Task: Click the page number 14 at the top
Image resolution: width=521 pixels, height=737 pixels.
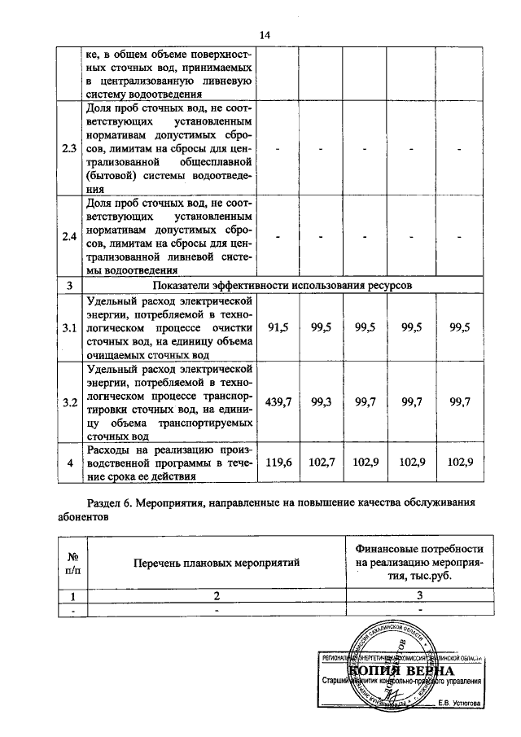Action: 264,34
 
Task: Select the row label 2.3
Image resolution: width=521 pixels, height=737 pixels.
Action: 69,149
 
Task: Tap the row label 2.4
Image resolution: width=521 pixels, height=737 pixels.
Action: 69,236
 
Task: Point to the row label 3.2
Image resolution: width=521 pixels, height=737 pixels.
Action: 69,401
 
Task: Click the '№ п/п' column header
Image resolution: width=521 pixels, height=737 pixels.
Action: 72,563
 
